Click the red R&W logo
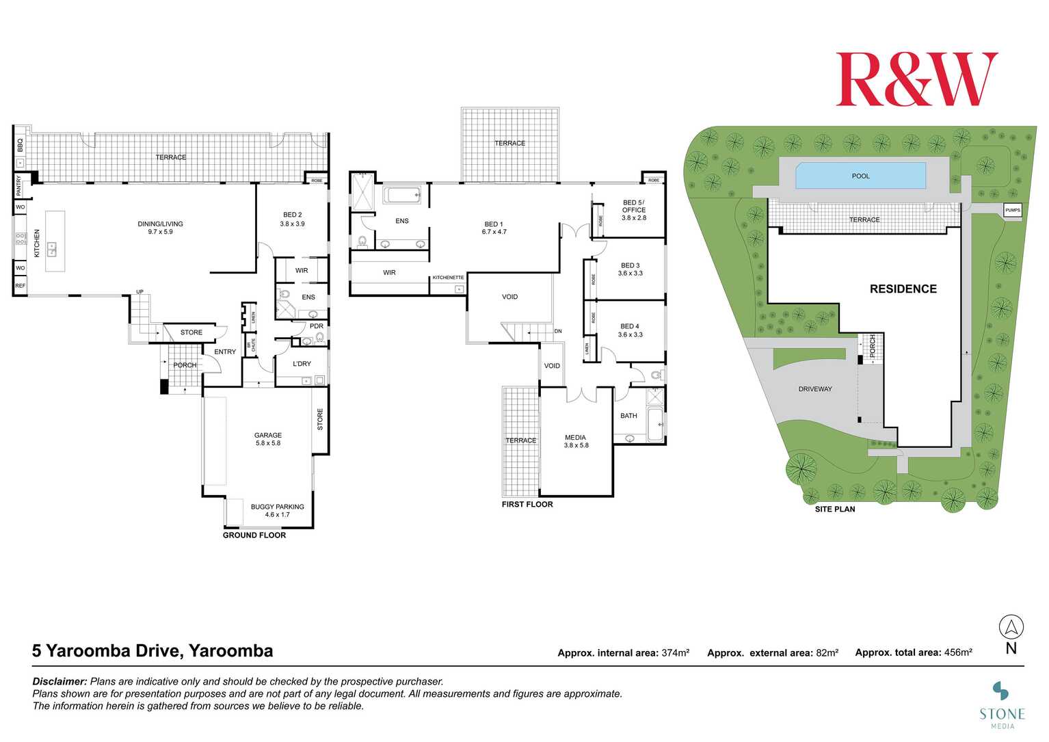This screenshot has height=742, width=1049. coord(916,79)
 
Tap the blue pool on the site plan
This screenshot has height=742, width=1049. coord(860,176)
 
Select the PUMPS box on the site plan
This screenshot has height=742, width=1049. coord(1012,210)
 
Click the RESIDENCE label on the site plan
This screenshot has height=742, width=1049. coord(903,289)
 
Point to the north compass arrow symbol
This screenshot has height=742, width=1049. coord(1011,626)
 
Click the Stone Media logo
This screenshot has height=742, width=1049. coord(1002,704)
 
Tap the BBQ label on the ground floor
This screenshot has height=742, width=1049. coord(20,145)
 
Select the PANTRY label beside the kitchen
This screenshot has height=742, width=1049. coord(19,185)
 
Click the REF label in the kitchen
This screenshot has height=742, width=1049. coord(20,286)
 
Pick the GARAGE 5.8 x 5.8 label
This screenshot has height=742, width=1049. coord(267,439)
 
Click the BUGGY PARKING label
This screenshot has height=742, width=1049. coord(277,511)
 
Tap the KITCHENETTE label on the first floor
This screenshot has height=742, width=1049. coord(448,278)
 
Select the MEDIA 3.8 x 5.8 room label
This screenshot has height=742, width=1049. coord(576,441)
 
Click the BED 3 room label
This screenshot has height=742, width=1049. coord(630,269)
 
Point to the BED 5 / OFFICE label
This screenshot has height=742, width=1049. coord(633,210)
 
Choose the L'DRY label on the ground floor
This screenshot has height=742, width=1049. coord(302,364)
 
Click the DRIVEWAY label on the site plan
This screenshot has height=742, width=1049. coord(815,389)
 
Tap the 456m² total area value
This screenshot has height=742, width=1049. coord(957,652)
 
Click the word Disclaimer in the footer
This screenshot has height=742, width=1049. coord(59,682)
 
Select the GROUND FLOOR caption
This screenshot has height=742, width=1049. coord(254,535)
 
